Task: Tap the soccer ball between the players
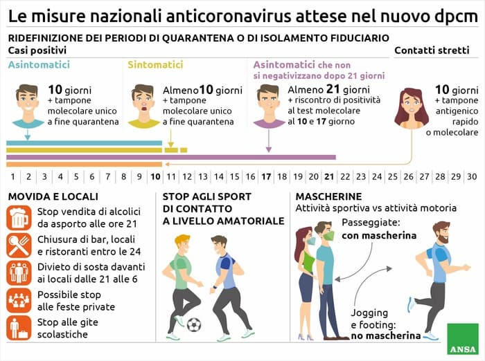pyautogui.click(x=194, y=324)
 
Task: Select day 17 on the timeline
pyautogui.click(x=266, y=176)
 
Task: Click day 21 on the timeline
pyautogui.click(x=329, y=176)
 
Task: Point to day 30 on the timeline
pyautogui.click(x=471, y=176)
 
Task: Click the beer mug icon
pyautogui.click(x=19, y=218)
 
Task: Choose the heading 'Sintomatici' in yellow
pyautogui.click(x=155, y=65)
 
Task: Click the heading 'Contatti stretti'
pyautogui.click(x=431, y=50)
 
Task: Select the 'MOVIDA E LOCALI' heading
pyautogui.click(x=53, y=197)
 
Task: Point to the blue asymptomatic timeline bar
pyautogui.click(x=83, y=143)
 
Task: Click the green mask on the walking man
pyautogui.click(x=328, y=235)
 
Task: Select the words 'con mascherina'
pyautogui.click(x=379, y=236)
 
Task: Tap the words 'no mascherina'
pyautogui.click(x=386, y=336)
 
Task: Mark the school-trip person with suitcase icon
pyautogui.click(x=19, y=328)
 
